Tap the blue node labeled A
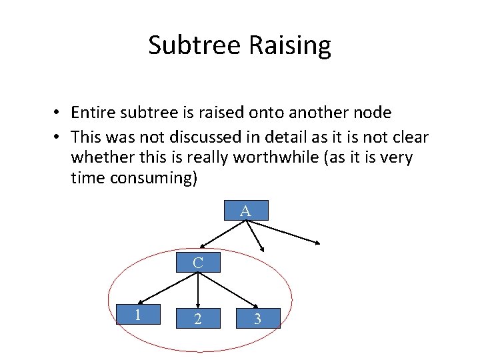[245, 211]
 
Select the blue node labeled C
[198, 263]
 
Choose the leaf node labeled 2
[198, 319]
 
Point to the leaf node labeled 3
[257, 319]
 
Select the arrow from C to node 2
[198, 289]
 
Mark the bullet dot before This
[59, 137]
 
